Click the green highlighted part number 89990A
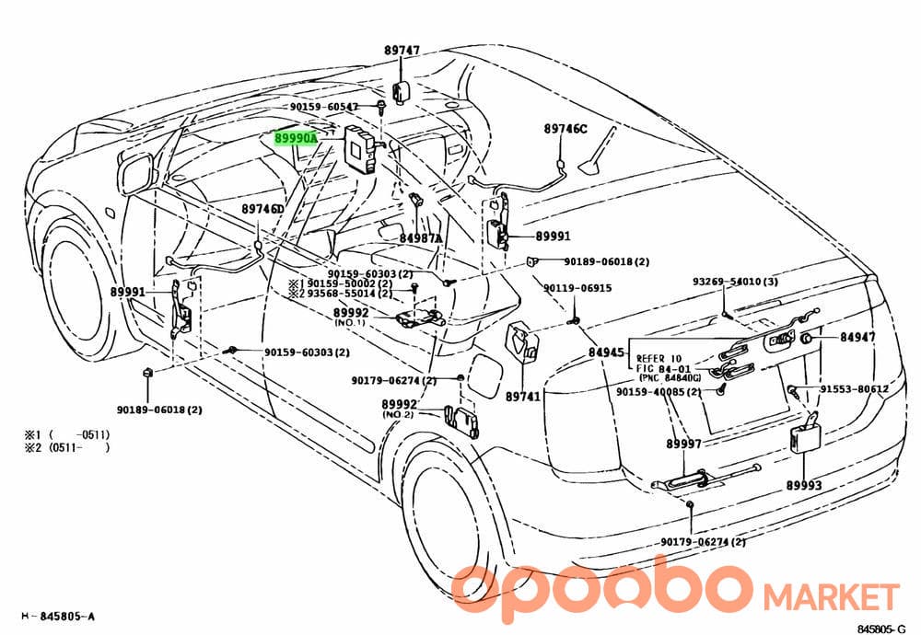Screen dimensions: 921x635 coord(296,138)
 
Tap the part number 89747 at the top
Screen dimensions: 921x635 coord(402,51)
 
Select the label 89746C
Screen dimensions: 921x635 coord(565,129)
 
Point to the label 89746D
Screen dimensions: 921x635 coord(262,209)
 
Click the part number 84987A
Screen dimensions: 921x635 coord(421,238)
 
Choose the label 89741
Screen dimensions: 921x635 coord(523,397)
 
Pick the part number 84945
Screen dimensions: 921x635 coord(606,352)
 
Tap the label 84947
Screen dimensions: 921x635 coord(857,337)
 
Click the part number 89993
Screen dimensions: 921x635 coord(804,485)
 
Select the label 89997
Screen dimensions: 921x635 coord(683,444)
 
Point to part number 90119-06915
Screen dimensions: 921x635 coord(577,288)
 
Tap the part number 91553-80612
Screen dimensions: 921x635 coord(855,388)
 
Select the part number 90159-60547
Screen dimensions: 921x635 coord(323,107)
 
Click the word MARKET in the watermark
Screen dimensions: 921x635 coord(831,596)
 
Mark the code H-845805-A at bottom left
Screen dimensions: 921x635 coord(58,617)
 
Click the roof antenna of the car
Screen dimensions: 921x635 coord(593,154)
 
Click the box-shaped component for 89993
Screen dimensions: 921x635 coord(803,435)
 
